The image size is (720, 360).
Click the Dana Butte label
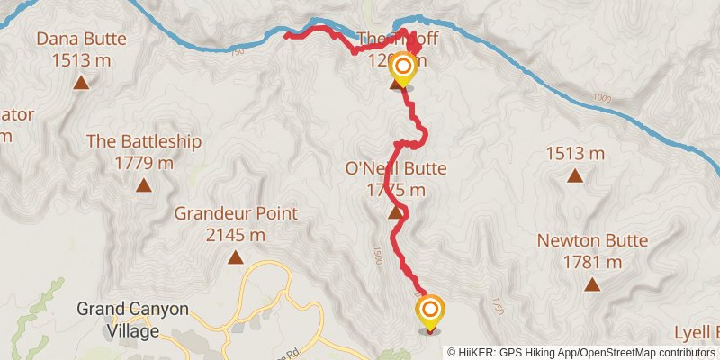[x=81, y=39]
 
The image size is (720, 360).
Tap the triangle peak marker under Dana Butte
[x=81, y=84]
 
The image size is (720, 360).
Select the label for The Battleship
[x=144, y=142]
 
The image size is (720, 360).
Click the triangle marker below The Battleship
[x=144, y=186]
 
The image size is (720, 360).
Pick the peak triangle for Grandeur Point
[x=236, y=258]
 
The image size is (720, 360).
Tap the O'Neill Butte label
[x=396, y=168]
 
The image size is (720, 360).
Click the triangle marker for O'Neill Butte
[x=395, y=213]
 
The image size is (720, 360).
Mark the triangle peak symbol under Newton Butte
[x=592, y=285]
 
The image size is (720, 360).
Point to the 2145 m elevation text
[x=236, y=235]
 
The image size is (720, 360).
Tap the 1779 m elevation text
[x=144, y=163]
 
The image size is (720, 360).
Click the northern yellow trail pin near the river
[x=402, y=67]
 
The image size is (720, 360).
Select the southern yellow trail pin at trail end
[x=430, y=310]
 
